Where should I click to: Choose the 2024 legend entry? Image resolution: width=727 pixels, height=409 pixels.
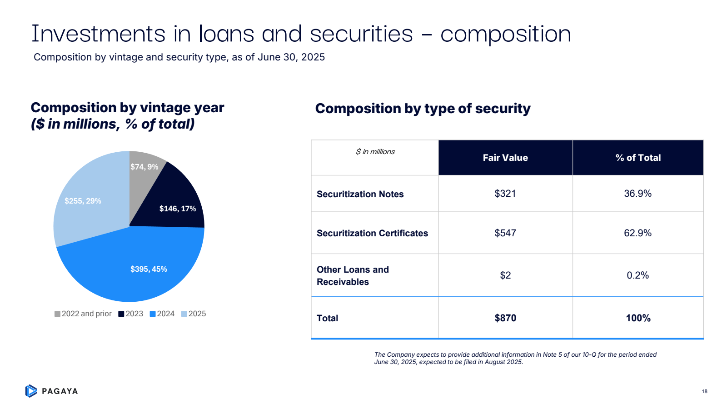[x=162, y=314]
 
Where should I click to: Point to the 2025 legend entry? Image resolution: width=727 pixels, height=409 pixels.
[x=194, y=314]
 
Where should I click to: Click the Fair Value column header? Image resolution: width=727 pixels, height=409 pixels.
[x=505, y=158]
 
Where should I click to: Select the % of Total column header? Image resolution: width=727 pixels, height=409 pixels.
[x=638, y=158]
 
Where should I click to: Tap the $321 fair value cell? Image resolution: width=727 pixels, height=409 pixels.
[x=505, y=194]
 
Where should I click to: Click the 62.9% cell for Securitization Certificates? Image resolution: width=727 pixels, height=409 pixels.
[x=638, y=233]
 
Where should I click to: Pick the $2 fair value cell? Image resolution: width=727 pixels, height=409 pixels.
[x=505, y=275]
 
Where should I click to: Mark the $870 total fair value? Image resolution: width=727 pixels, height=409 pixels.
[x=505, y=318]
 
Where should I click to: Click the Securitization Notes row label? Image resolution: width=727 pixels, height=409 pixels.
[x=360, y=194]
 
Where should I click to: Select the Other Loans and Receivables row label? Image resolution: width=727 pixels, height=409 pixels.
[x=353, y=275]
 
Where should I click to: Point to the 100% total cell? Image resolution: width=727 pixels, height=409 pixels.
[x=638, y=318]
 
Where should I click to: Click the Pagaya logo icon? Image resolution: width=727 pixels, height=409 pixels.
[x=31, y=391]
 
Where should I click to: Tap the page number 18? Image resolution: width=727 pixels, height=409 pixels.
[x=704, y=391]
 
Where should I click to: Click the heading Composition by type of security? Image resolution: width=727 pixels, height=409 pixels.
[x=423, y=109]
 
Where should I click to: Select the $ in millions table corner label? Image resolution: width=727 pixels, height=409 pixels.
[x=375, y=152]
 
